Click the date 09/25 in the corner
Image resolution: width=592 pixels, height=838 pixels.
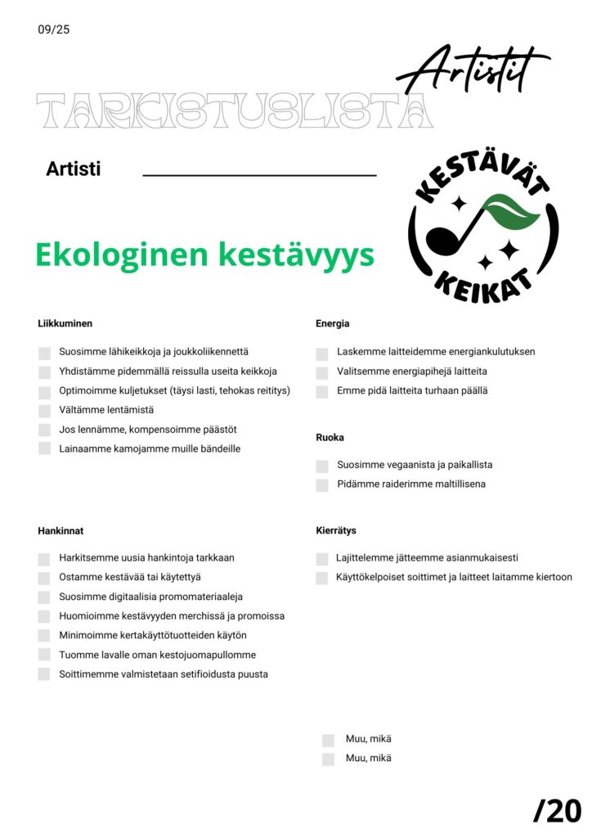54,30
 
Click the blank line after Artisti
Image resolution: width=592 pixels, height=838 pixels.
259,173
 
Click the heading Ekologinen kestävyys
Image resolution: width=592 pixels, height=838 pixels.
204,255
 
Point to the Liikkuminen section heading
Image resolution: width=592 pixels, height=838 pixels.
65,323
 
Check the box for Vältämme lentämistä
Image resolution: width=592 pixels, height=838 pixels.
44,410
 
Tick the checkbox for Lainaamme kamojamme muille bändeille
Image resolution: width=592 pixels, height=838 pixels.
44,448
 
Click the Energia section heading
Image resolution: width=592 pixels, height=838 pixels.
333,323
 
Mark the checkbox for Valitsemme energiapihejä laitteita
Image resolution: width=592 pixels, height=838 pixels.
322,372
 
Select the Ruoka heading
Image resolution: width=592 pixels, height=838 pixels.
330,437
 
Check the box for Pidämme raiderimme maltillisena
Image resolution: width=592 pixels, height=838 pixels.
322,485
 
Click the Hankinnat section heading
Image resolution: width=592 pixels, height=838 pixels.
61,530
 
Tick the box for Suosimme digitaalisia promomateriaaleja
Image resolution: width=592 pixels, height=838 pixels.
44,597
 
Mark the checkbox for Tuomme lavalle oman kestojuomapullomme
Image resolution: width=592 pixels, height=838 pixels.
44,656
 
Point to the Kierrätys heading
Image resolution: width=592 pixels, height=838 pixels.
336,530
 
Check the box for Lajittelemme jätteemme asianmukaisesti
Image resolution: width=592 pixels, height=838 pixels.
322,559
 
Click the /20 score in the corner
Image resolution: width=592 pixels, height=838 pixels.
557,810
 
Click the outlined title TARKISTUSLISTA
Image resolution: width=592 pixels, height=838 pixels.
235,111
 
